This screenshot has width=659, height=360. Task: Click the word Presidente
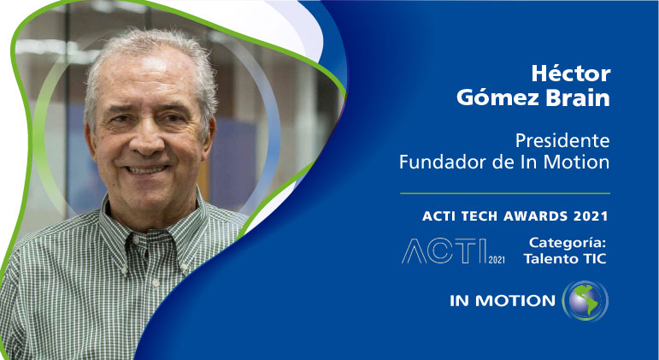(x=562, y=139)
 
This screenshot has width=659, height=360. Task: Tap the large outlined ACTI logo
(x=444, y=251)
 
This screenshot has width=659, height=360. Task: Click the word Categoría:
(x=568, y=243)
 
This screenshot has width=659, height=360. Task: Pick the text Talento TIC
(x=568, y=258)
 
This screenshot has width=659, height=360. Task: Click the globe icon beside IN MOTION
(x=585, y=300)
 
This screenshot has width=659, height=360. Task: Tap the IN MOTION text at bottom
(x=503, y=301)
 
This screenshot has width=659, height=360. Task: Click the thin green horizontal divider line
(x=506, y=193)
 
